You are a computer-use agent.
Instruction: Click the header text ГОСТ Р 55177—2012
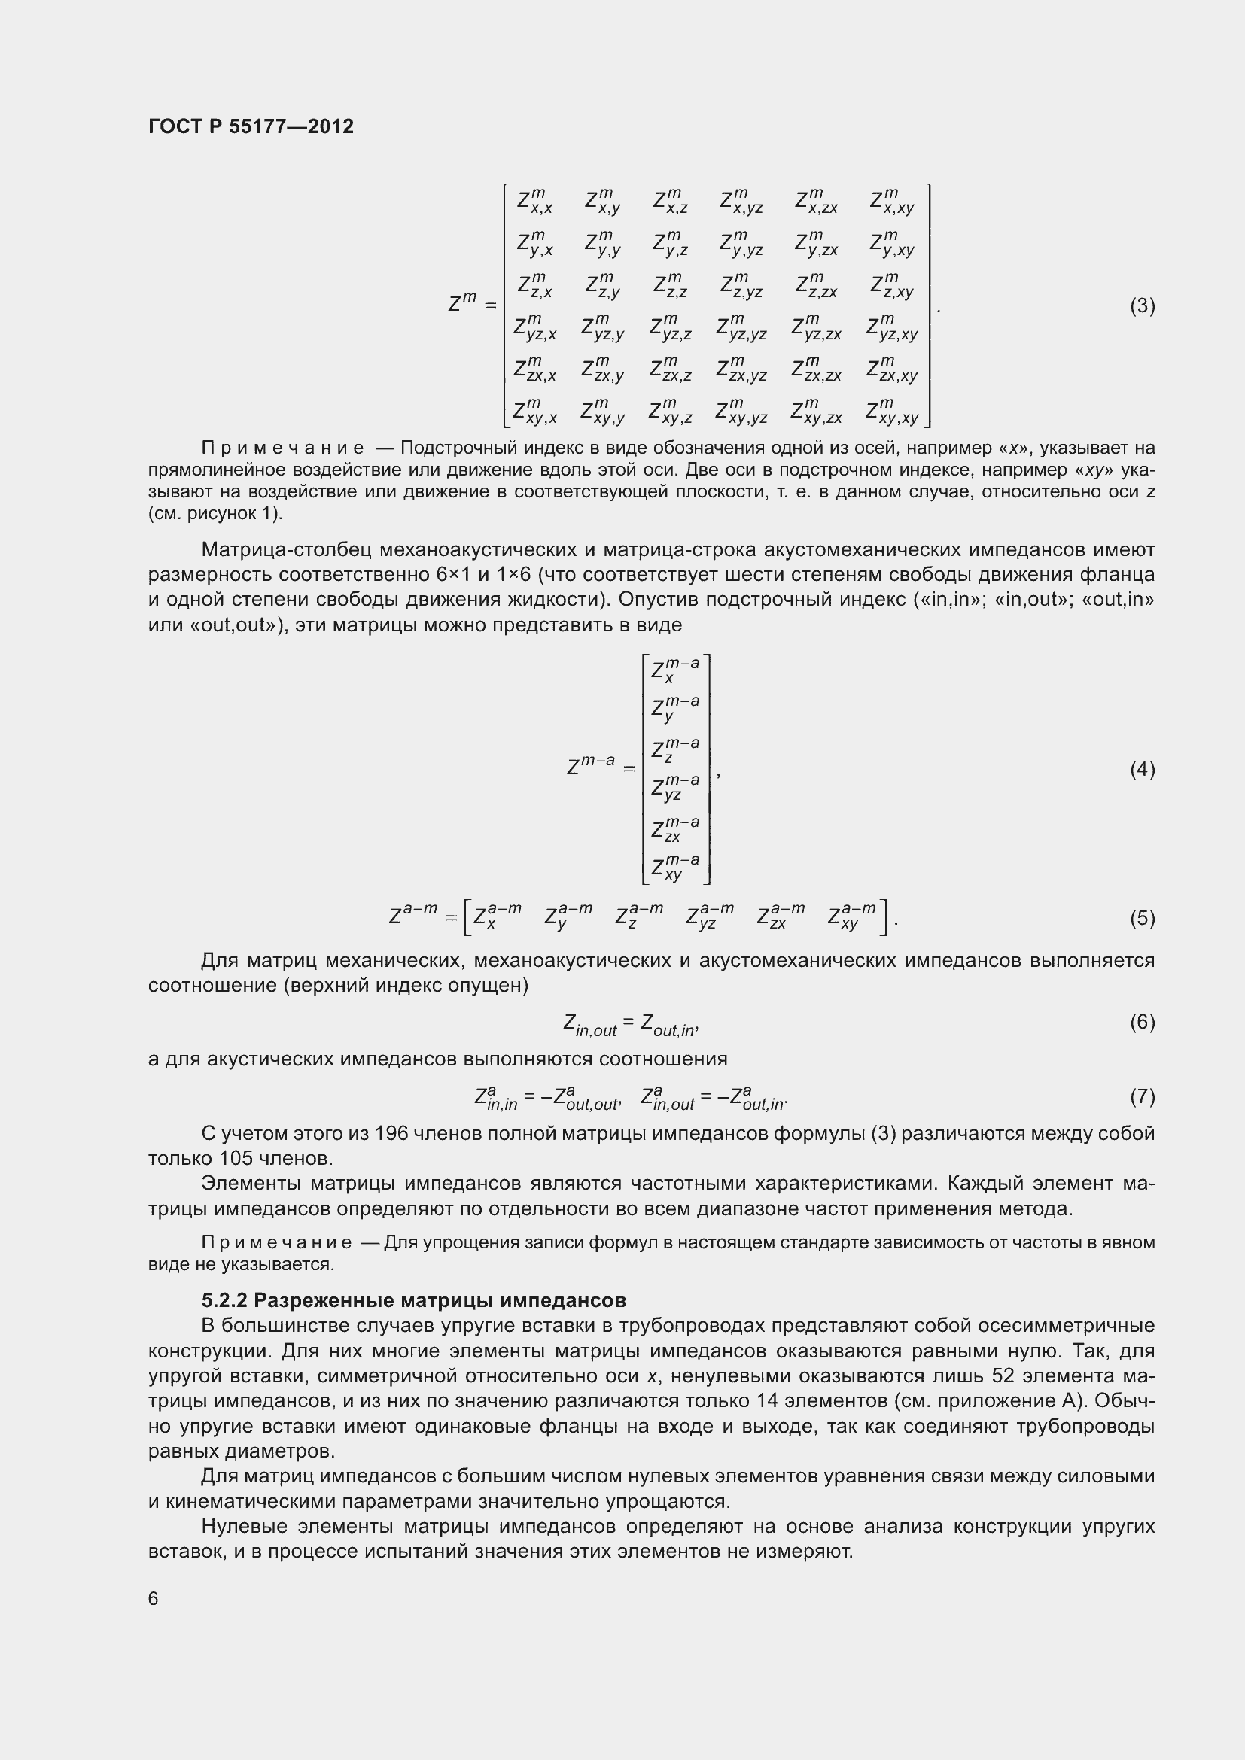click(x=251, y=126)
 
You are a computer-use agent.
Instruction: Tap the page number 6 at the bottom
click(x=154, y=1599)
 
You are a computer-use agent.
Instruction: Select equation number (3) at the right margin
click(x=1143, y=305)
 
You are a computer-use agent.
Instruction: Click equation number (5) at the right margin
click(x=1143, y=917)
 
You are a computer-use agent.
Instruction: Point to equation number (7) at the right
click(x=1143, y=1097)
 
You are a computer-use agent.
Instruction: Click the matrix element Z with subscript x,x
click(x=534, y=202)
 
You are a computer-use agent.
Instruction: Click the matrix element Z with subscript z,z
click(x=671, y=286)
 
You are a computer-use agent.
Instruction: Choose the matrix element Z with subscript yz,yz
click(x=741, y=328)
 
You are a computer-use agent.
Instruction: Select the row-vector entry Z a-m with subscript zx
click(x=781, y=916)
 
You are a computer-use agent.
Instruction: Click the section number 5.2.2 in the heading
click(x=224, y=1301)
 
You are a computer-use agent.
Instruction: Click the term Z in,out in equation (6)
click(x=589, y=1025)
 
